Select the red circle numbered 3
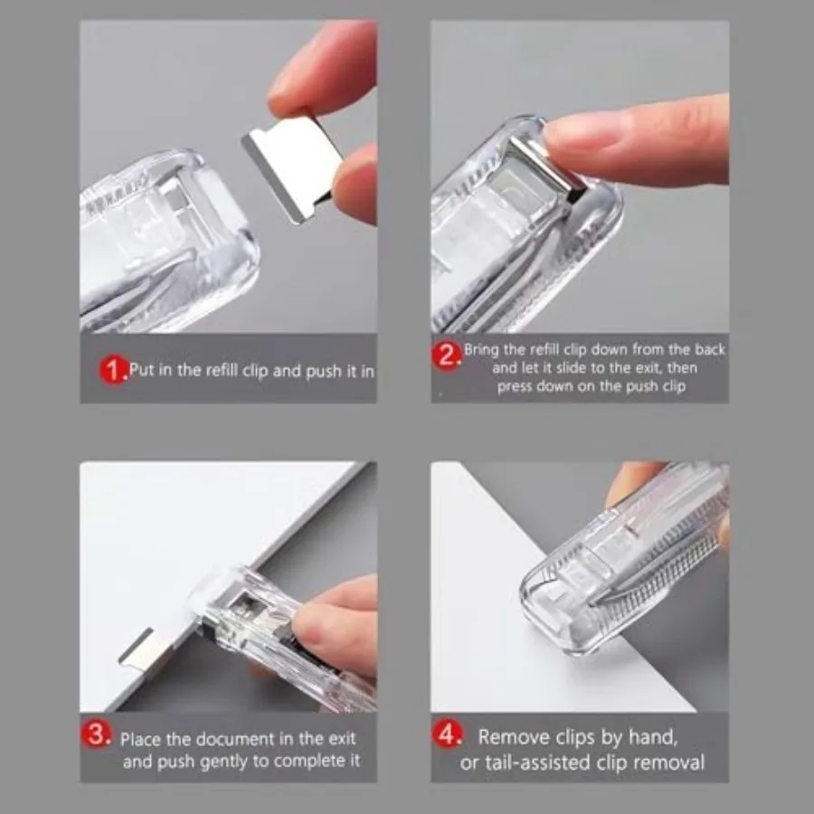99,735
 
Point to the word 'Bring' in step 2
483,349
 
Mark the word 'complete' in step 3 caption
299,762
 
